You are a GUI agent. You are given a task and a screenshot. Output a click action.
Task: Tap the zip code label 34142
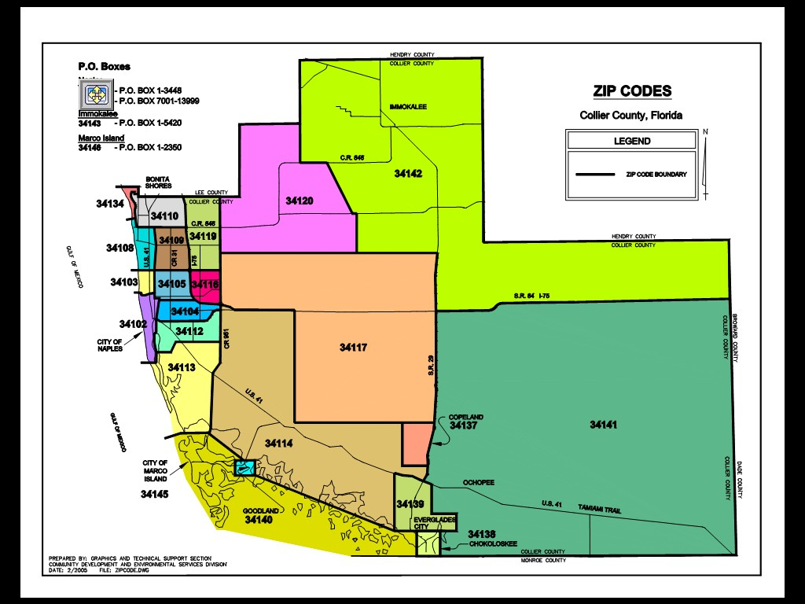point(408,173)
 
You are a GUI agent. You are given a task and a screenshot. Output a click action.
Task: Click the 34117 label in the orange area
point(354,347)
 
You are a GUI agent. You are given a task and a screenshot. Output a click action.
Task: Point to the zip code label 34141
point(603,425)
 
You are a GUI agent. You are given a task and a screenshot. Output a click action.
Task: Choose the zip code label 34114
point(278,444)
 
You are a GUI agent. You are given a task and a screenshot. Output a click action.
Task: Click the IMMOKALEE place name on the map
point(408,106)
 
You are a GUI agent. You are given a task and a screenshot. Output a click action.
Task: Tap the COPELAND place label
point(466,417)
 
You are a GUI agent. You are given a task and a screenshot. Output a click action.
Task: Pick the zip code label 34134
point(110,204)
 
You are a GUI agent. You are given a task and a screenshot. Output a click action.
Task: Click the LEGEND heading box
point(631,141)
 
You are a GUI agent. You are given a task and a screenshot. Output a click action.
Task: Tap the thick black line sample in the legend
point(596,174)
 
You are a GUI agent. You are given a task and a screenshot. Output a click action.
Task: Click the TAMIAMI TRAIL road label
point(599,510)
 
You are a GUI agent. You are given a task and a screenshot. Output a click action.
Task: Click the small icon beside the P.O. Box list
point(97,94)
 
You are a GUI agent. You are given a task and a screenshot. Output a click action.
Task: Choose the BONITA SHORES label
point(160,182)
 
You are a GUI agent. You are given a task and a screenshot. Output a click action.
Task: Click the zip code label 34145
point(155,495)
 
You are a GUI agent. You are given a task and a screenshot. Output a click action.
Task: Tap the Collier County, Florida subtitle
point(631,116)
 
